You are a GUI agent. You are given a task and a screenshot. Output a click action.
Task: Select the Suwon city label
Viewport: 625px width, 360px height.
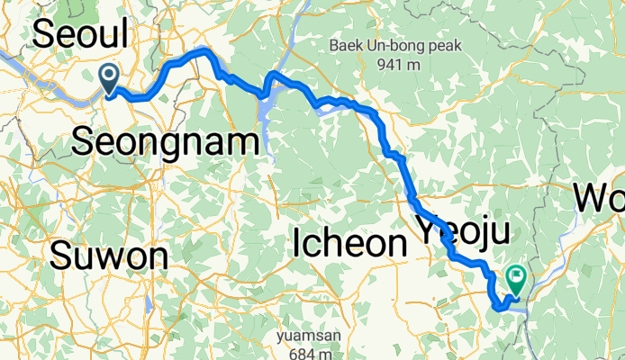(110, 257)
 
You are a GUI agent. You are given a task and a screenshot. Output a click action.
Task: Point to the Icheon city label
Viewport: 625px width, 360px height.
(349, 243)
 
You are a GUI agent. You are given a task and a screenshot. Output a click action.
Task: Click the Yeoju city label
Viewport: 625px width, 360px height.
(462, 232)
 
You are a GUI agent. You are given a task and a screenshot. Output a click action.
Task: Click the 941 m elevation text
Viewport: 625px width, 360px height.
(401, 64)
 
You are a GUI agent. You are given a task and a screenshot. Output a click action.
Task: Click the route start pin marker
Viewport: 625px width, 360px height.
(110, 78)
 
